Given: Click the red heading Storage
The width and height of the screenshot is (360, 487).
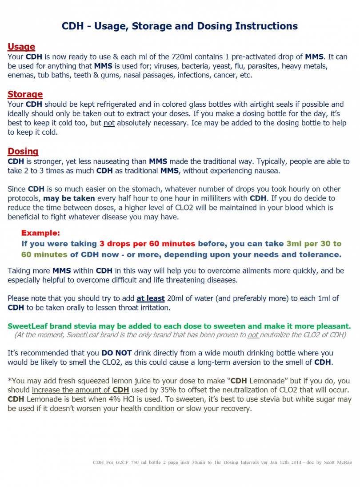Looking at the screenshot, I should pos(25,94).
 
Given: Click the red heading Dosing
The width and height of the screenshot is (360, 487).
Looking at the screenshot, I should pos(23,151).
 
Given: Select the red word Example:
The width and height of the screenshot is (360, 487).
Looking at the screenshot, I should pos(40,233).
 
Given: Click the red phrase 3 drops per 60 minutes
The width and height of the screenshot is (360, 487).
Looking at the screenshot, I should pos(147,244).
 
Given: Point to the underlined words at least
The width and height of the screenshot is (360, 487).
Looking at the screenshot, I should pos(151,298).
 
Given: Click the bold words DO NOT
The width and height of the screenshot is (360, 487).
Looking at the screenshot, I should pos(116,353).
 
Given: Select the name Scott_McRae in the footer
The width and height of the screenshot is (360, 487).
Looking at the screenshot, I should pos(337,463).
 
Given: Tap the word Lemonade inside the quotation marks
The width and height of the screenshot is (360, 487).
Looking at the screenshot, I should pos(266,381).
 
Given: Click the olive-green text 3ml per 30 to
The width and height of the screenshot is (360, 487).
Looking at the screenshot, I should pos(314,244).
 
